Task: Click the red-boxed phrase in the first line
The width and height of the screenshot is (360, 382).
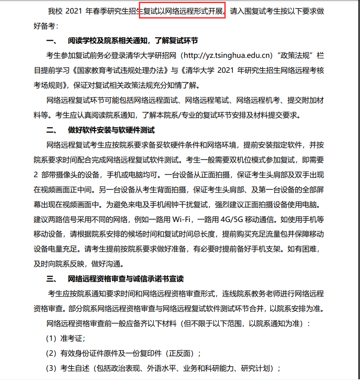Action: click(x=182, y=11)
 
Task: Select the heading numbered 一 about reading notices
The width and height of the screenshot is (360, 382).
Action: click(x=122, y=41)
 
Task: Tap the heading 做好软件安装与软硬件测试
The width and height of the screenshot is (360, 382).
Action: click(x=111, y=130)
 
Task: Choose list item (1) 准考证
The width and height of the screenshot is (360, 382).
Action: click(x=66, y=338)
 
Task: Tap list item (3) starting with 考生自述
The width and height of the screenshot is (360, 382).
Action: click(x=163, y=368)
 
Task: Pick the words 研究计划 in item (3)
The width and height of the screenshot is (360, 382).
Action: click(x=260, y=368)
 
